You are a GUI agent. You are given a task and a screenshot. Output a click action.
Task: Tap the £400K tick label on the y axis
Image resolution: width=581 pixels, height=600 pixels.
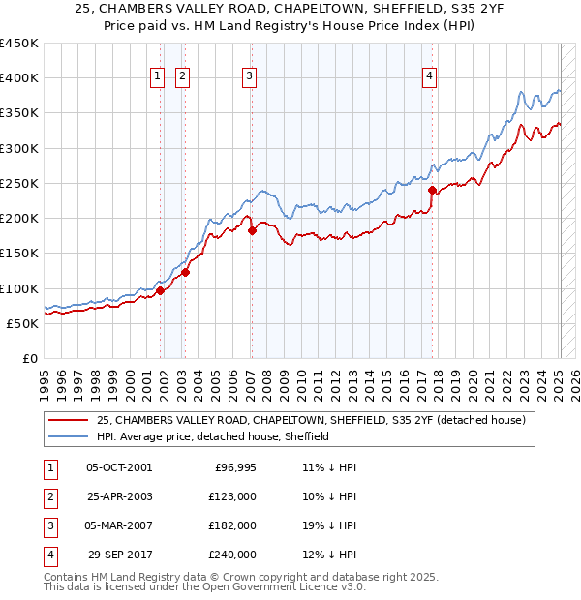(x=19, y=78)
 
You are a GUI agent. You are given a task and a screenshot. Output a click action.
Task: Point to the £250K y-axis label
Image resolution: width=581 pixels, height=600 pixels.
(x=19, y=183)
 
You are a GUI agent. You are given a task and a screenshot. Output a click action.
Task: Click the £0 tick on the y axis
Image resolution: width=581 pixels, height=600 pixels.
(x=29, y=358)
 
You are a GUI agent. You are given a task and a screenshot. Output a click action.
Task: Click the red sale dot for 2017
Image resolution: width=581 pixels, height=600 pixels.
(x=432, y=191)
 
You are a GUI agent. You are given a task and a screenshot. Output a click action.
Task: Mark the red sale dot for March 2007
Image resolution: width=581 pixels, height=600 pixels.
(x=252, y=231)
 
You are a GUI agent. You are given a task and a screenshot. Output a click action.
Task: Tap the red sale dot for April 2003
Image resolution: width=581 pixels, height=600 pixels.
(x=185, y=272)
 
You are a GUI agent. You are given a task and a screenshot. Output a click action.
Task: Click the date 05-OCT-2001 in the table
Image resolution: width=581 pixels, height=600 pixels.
(x=119, y=468)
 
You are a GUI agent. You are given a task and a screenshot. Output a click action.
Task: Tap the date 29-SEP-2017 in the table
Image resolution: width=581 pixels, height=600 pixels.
(x=119, y=555)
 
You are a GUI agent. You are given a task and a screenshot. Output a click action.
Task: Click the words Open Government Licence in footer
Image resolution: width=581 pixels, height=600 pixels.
(x=281, y=587)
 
